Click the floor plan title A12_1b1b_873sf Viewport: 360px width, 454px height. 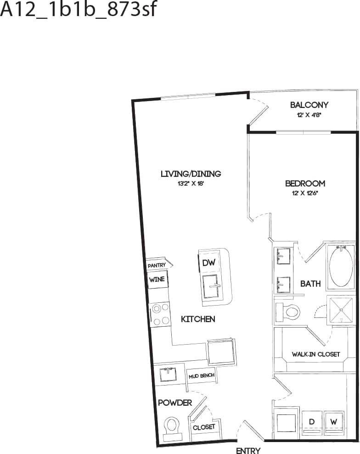(79, 10)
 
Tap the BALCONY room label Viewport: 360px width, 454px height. (309, 105)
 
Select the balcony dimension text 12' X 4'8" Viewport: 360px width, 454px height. (309, 115)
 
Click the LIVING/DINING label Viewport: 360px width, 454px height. (191, 174)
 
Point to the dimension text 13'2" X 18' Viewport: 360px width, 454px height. (191, 183)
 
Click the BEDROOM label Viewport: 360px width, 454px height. (305, 183)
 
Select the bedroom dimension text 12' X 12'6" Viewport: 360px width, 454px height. (305, 193)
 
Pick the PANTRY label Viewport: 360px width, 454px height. (157, 265)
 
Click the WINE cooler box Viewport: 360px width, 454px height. (157, 279)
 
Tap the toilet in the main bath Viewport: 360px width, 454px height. (288, 312)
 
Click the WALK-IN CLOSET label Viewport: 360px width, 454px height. (316, 354)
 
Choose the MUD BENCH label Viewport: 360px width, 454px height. (201, 376)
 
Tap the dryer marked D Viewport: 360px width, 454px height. (311, 422)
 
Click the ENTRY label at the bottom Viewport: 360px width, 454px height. (248, 450)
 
